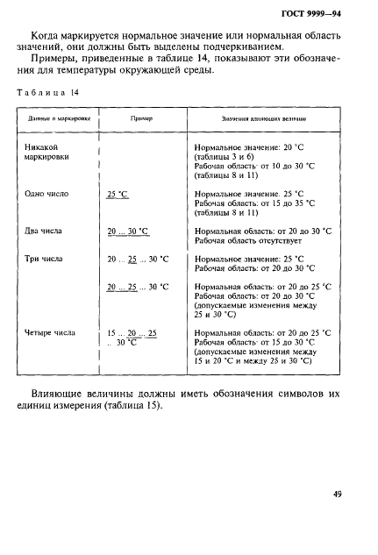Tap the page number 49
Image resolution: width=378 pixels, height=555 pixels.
336,495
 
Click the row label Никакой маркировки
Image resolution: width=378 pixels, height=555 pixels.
48,153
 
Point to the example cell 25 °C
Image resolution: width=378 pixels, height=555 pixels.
118,194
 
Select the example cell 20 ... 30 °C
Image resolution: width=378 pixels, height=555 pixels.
128,231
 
